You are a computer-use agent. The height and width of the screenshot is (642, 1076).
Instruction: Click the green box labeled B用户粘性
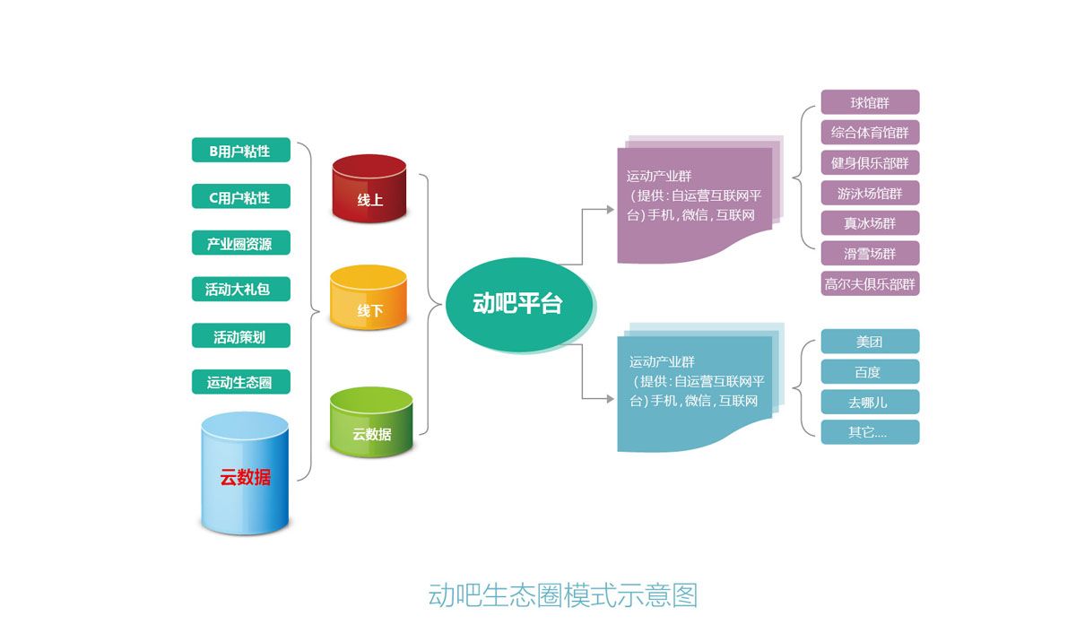(240, 150)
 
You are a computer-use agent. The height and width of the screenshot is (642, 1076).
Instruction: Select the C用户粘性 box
(240, 196)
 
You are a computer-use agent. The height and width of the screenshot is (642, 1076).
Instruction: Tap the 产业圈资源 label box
(240, 242)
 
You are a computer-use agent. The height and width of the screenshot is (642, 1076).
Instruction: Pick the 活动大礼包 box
(240, 289)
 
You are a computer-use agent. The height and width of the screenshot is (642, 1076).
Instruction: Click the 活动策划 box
(240, 335)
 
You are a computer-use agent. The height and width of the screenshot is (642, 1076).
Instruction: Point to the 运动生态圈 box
(240, 382)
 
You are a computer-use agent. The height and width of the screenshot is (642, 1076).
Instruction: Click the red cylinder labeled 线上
(369, 188)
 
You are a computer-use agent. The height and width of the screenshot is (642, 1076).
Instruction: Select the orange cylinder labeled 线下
(369, 298)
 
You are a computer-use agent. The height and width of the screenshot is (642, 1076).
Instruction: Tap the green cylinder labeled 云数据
(371, 421)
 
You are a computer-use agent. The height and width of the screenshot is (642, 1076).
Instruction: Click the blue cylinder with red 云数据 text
(245, 473)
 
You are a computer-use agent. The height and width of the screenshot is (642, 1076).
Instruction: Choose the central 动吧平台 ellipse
(519, 305)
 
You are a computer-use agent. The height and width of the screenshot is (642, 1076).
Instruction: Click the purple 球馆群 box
(870, 102)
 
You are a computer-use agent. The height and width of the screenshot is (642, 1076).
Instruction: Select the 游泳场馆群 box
(870, 193)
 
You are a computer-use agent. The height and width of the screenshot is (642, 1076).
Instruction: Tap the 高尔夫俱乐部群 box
(870, 283)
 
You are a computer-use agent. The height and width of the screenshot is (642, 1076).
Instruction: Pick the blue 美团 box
(870, 342)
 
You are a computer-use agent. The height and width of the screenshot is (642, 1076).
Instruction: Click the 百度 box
(870, 371)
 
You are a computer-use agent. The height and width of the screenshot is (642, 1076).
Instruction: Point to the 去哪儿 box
(870, 402)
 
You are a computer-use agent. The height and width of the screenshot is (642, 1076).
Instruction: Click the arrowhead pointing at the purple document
(610, 209)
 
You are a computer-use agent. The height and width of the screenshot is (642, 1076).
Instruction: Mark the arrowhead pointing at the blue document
(610, 398)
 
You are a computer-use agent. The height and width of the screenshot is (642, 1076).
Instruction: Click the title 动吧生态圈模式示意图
(562, 595)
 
